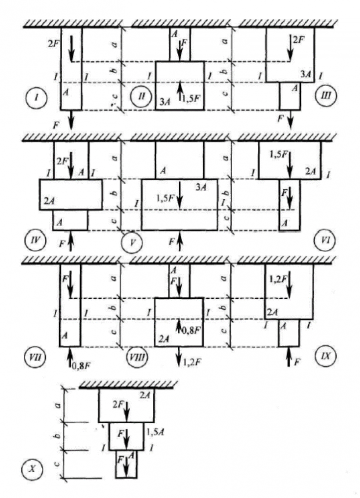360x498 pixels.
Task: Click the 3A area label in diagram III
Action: click(306, 73)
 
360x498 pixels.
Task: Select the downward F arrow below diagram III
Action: click(291, 120)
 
